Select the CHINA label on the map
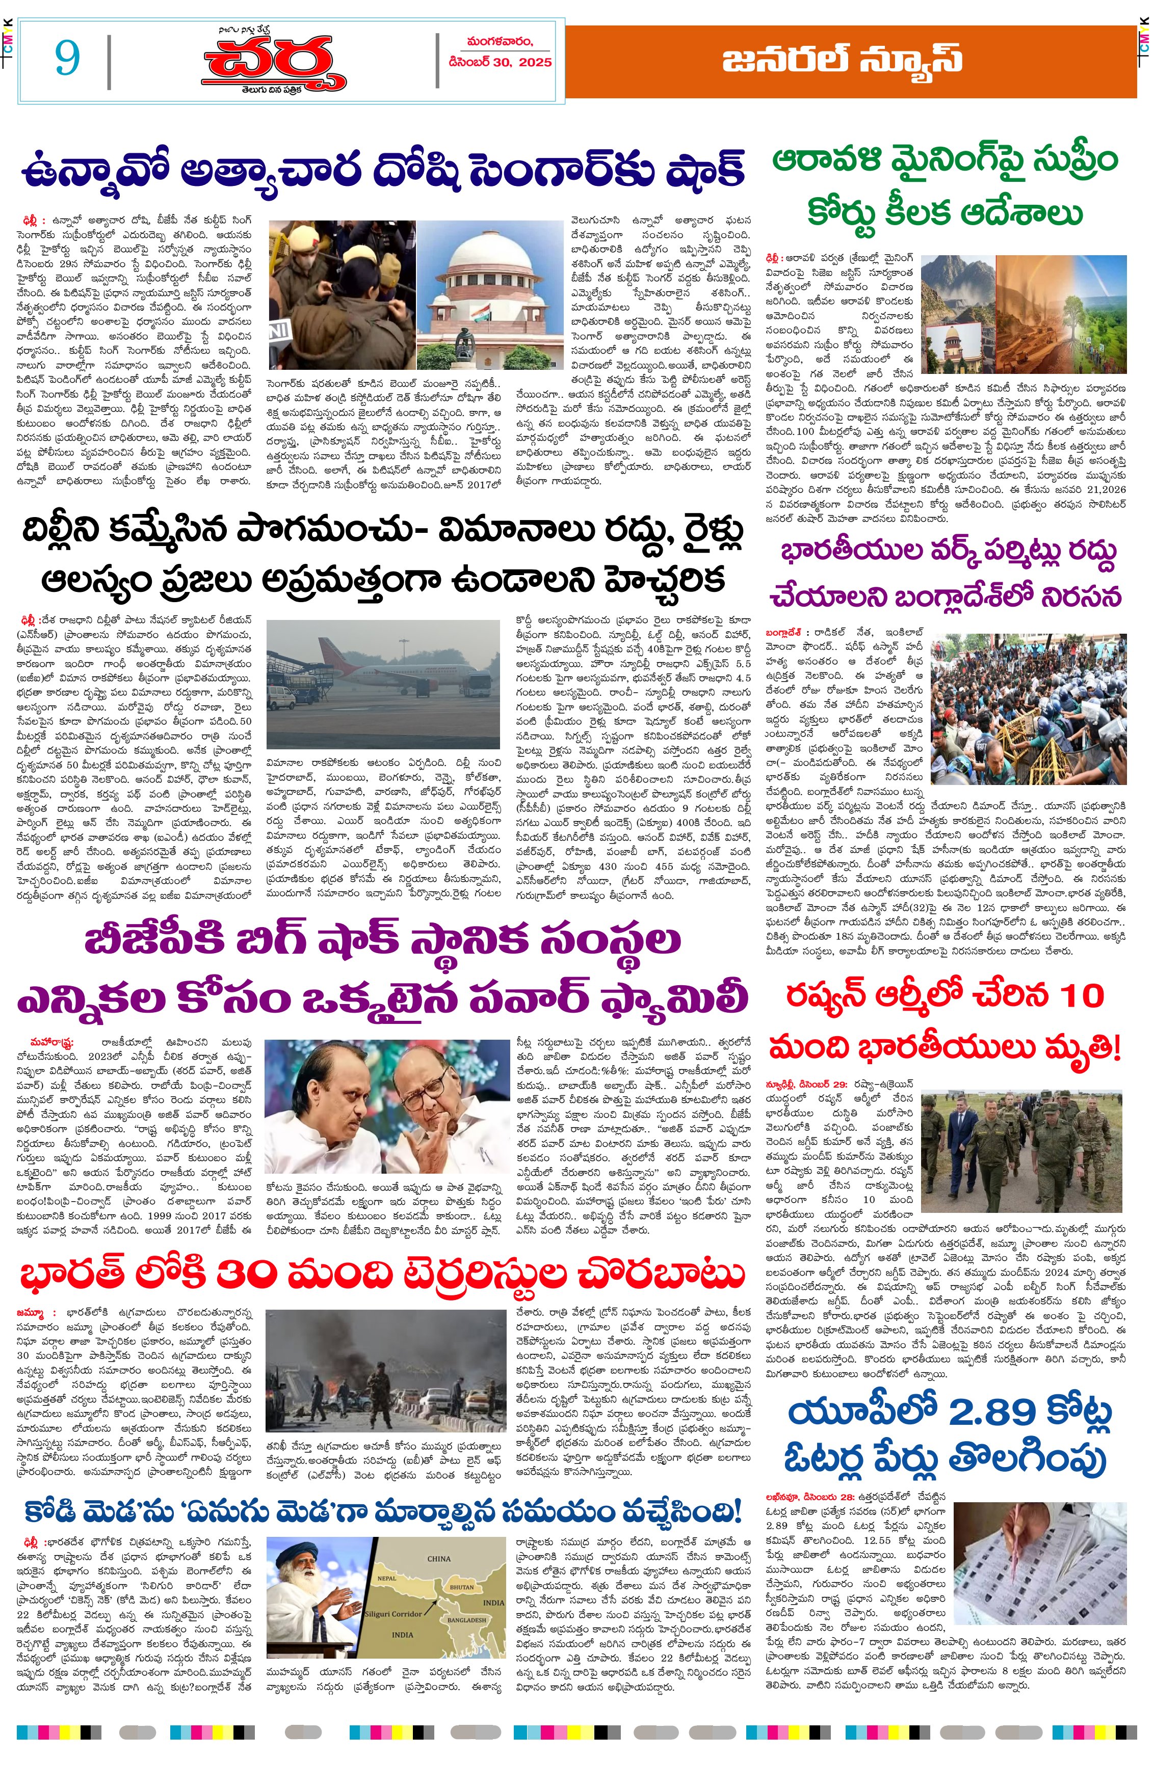(x=438, y=1559)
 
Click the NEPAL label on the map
(x=387, y=1578)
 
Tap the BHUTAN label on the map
(x=461, y=1587)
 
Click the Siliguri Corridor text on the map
(x=394, y=1613)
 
